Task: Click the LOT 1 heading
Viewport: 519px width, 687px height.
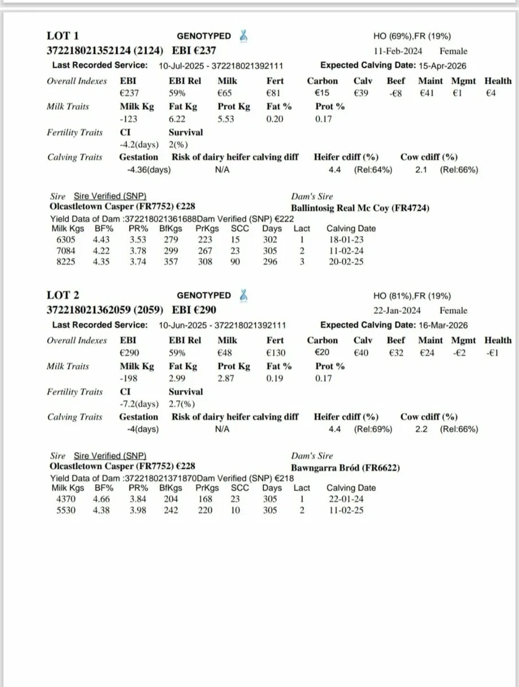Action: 63,36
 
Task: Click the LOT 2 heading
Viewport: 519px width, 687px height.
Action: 63,295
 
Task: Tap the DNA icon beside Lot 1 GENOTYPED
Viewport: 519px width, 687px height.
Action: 245,35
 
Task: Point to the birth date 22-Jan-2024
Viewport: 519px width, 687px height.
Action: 397,310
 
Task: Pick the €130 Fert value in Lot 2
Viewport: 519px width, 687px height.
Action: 276,353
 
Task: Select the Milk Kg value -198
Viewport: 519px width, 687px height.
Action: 130,378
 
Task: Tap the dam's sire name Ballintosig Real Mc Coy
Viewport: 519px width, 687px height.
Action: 360,208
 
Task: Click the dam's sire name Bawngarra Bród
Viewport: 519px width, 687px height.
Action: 345,468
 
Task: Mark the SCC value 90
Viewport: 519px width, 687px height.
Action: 235,262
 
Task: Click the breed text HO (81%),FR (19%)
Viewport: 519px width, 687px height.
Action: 412,296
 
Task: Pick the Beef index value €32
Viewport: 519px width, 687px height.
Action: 396,353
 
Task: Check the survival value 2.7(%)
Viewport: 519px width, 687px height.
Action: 182,404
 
